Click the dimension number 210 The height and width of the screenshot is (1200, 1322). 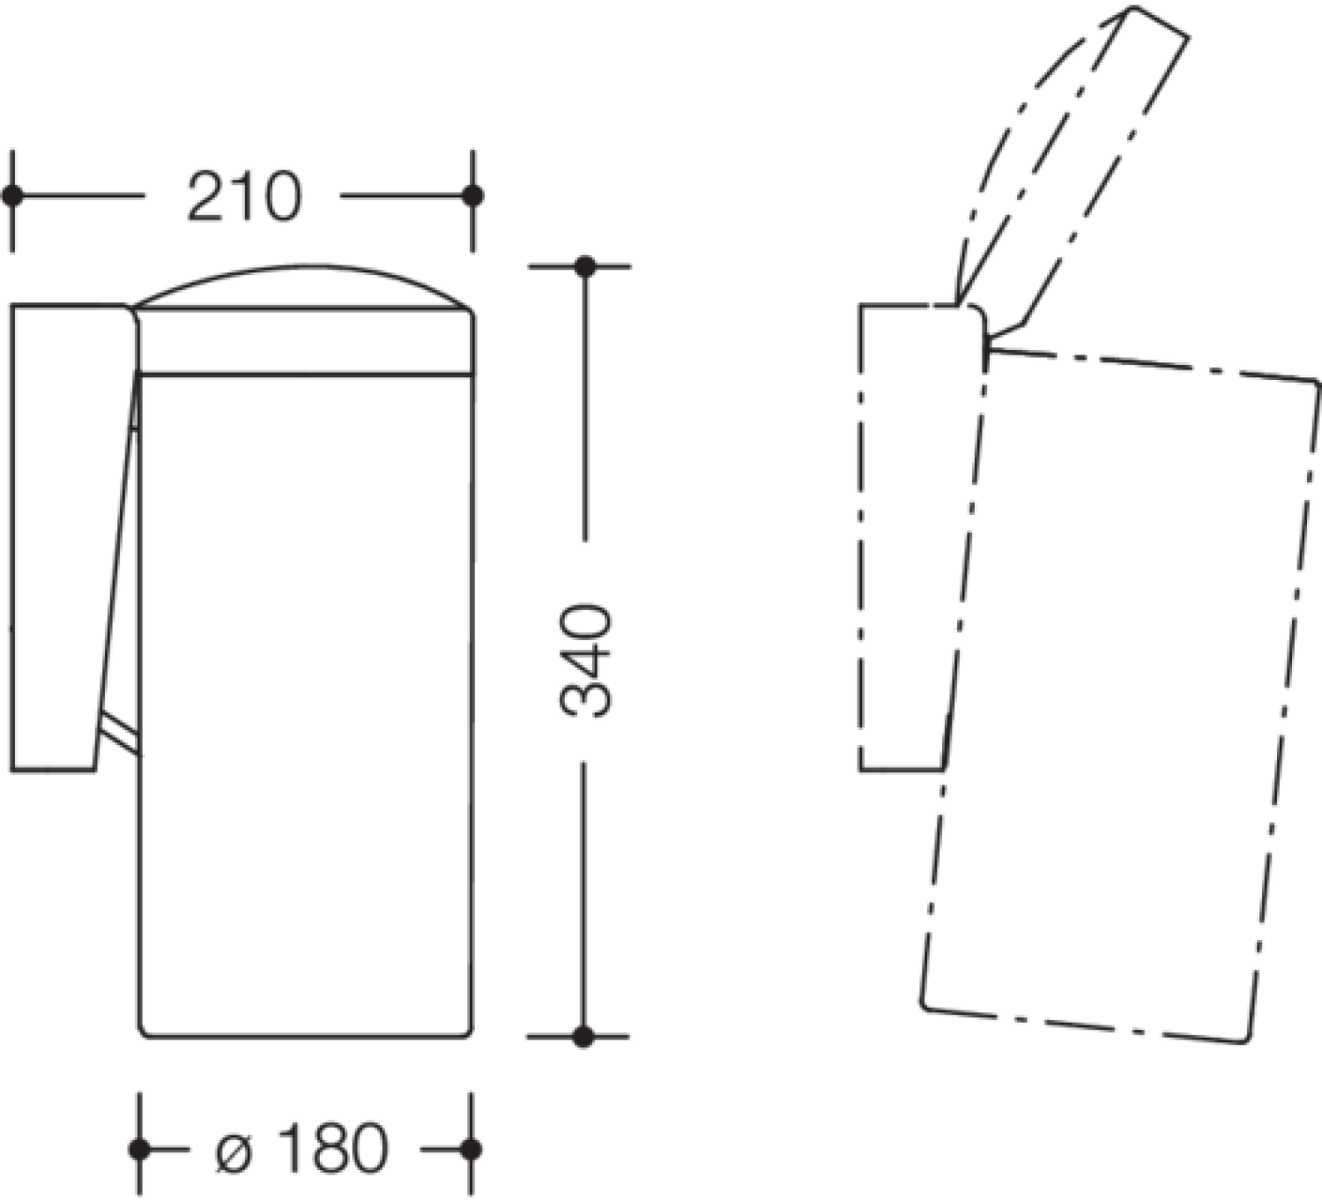click(244, 196)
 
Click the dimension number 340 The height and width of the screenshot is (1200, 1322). click(585, 660)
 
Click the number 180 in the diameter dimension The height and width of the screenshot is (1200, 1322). click(333, 1150)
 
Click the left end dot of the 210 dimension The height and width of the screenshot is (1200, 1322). click(11, 196)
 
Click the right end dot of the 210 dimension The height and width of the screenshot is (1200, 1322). click(472, 196)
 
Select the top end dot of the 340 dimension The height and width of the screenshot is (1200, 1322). click(585, 267)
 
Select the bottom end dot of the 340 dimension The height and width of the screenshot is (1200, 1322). click(583, 1037)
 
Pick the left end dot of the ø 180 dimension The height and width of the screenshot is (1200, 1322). click(139, 1150)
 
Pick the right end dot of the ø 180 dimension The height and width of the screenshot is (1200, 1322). click(471, 1150)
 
